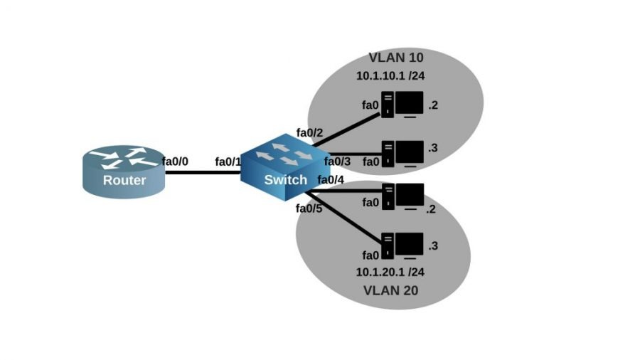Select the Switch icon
[x=276, y=168]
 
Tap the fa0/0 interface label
[x=175, y=162]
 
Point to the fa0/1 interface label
[x=228, y=162]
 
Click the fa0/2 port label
[x=309, y=132]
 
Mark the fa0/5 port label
[x=309, y=208]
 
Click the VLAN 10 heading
[x=395, y=58]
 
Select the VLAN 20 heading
[x=390, y=290]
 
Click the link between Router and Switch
[x=203, y=171]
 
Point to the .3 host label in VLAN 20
[x=433, y=245]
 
